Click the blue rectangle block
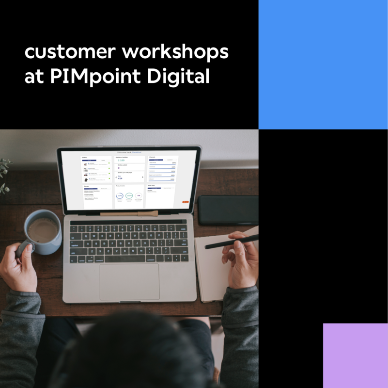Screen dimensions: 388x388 (x=323, y=64)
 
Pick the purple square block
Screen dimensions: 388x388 (x=355, y=355)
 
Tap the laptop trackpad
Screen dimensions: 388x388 (x=129, y=282)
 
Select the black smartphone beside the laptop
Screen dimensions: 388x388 (x=228, y=210)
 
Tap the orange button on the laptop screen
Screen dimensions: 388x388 (x=185, y=202)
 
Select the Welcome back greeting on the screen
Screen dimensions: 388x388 (x=129, y=152)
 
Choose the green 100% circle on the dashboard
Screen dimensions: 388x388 (x=129, y=195)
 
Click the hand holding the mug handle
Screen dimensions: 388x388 (x=19, y=262)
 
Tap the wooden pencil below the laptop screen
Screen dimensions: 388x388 (x=129, y=213)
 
